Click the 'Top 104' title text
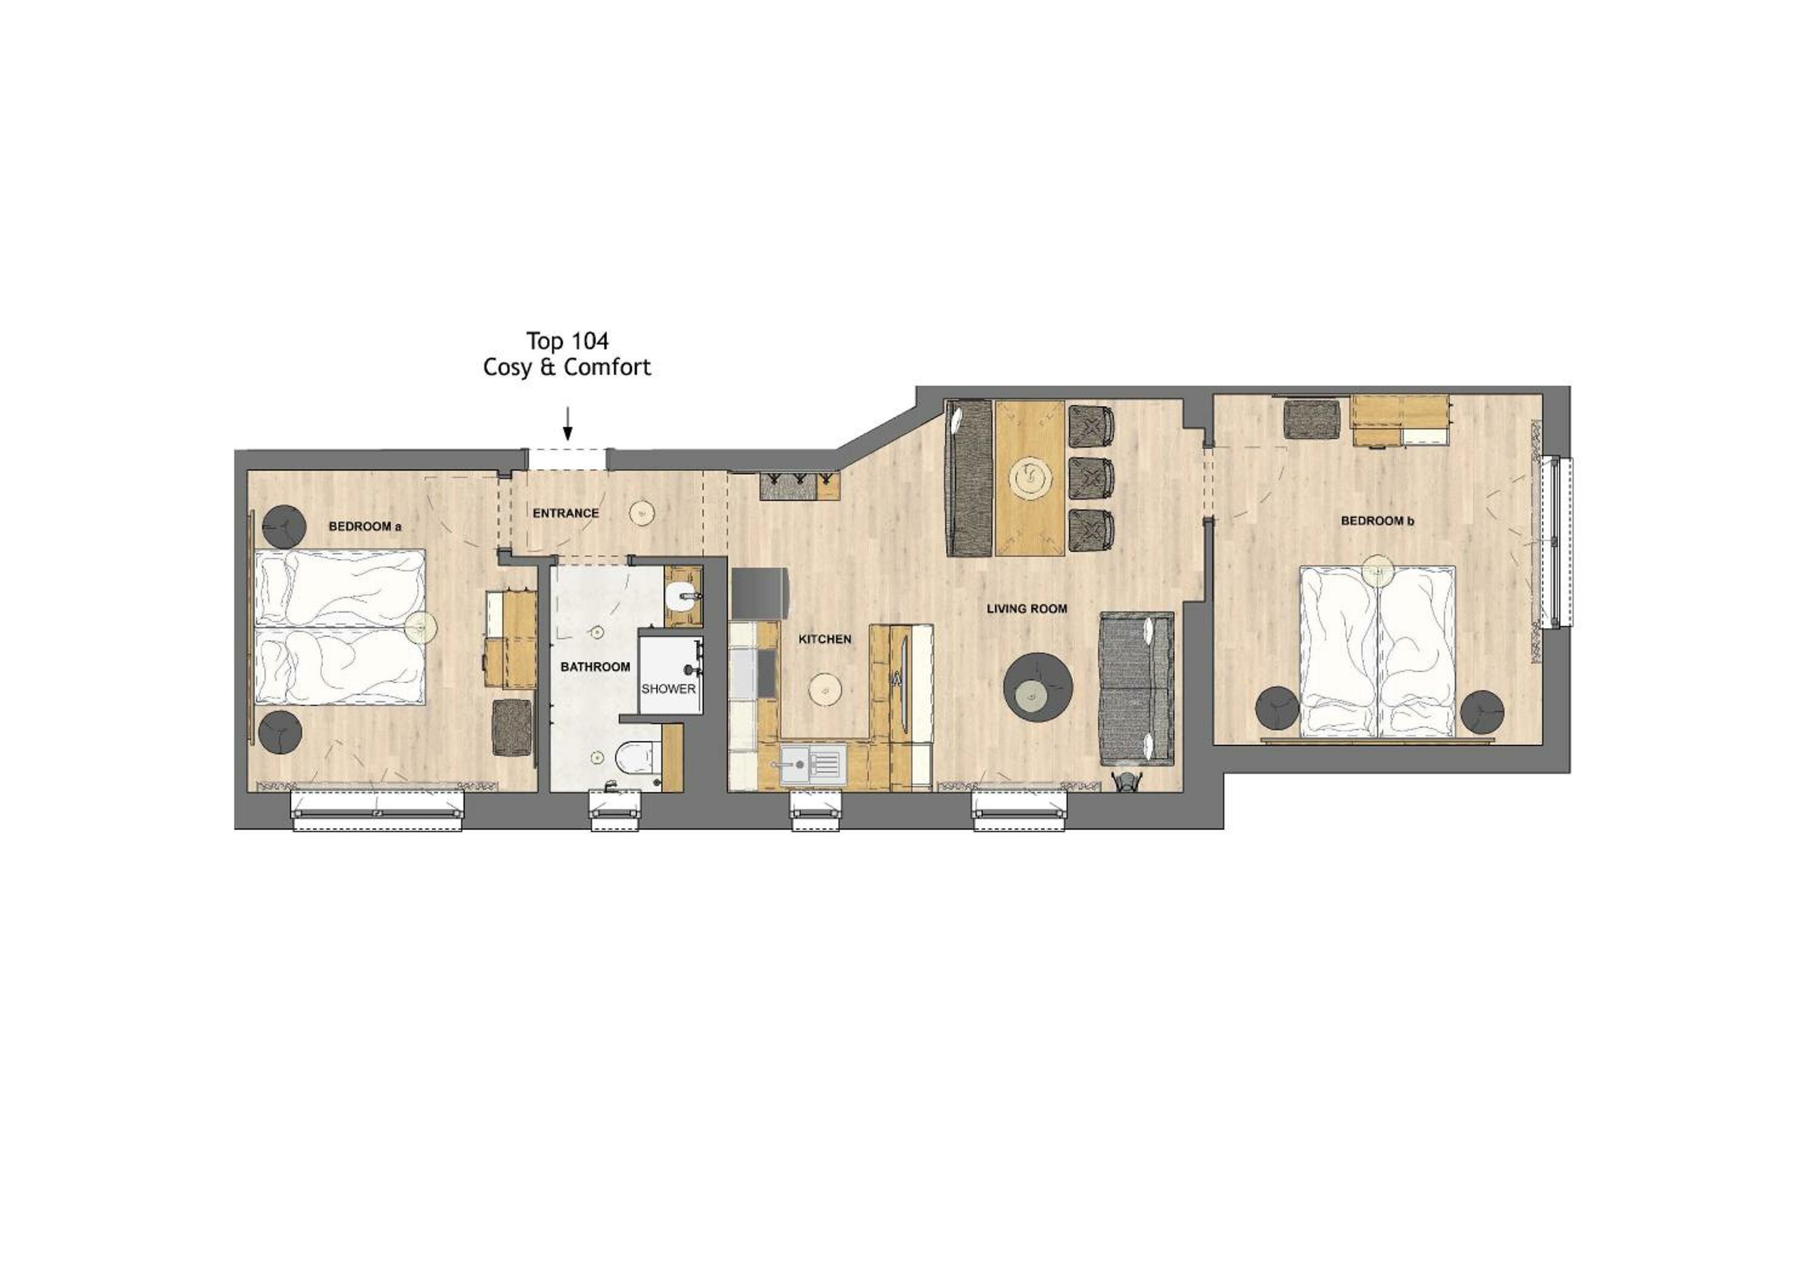568,341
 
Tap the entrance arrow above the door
568,423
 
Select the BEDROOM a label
365,526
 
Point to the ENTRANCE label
565,514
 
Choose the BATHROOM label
595,667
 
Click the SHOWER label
668,688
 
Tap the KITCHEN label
824,639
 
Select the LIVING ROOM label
1026,609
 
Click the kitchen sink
812,765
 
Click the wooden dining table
1029,477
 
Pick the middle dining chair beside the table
1091,475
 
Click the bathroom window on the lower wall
615,810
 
